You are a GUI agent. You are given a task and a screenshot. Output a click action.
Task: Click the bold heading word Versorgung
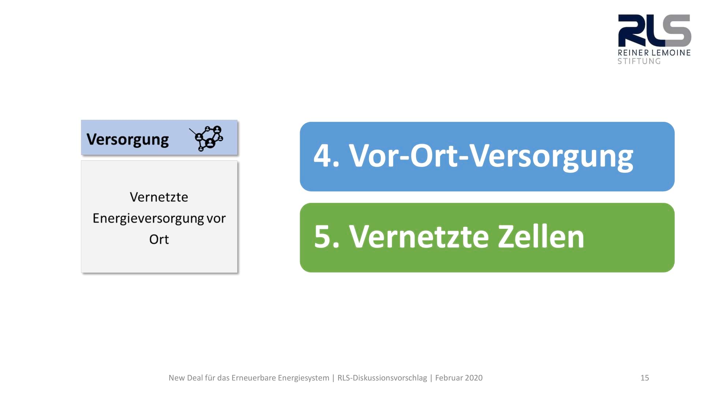[127, 140]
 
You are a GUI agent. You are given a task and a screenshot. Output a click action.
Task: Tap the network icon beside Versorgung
[206, 138]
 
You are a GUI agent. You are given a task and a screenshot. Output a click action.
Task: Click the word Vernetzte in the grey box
[159, 197]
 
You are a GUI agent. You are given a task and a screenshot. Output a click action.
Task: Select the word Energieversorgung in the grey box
[148, 219]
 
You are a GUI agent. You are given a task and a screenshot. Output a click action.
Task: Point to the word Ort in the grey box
[159, 239]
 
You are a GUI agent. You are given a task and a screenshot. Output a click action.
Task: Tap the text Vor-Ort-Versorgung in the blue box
[491, 157]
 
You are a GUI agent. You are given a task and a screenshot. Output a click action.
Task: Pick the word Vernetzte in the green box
[419, 237]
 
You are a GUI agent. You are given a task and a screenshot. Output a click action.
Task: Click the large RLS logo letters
[654, 30]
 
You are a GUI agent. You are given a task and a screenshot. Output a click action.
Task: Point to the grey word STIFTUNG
[639, 61]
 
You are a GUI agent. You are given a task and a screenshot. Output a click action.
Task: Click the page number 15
[645, 378]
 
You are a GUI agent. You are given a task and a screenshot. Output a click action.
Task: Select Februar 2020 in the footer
[459, 378]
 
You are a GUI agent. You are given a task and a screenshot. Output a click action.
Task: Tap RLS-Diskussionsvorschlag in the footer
[382, 378]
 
